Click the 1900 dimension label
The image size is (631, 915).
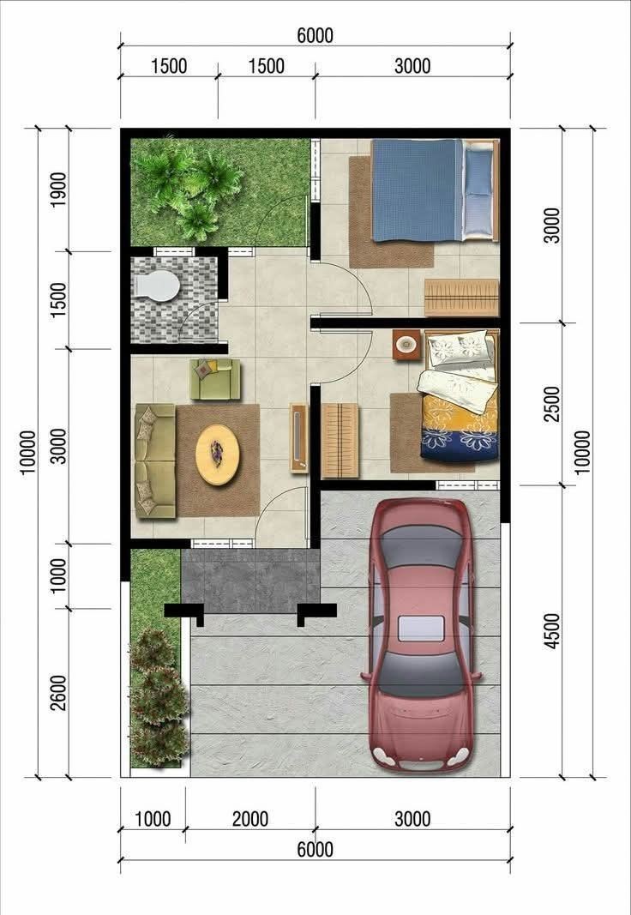point(57,189)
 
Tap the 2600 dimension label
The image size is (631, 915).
point(57,693)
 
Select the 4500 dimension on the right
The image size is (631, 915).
point(551,631)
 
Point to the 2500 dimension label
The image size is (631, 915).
point(551,404)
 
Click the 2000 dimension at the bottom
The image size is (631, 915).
point(250,819)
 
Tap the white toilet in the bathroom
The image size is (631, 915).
point(156,286)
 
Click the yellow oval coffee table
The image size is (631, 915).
point(218,454)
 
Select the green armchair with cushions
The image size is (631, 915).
point(215,379)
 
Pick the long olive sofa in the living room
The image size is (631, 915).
point(155,461)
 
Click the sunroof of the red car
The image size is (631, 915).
point(421,628)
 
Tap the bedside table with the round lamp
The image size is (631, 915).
point(406,345)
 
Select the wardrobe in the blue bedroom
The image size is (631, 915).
point(461,298)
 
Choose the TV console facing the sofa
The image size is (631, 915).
point(298,437)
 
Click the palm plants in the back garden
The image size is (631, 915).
point(190,187)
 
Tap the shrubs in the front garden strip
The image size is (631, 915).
point(158,698)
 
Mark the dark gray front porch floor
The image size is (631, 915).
point(250,581)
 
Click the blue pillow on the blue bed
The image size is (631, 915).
point(478,172)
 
